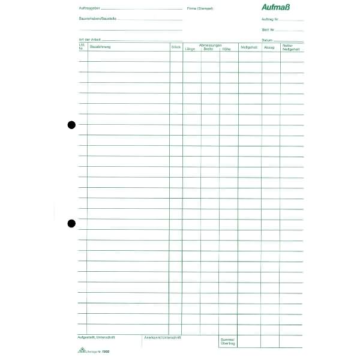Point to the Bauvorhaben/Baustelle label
tap(97, 19)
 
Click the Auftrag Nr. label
tap(271, 19)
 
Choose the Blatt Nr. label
tap(268, 29)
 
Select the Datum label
tap(267, 40)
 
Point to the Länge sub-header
tap(190, 49)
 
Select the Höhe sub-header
tap(226, 49)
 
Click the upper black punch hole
tap(71, 125)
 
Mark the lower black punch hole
tap(71, 223)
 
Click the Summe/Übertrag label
tap(227, 341)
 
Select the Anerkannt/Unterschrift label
tap(163, 337)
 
